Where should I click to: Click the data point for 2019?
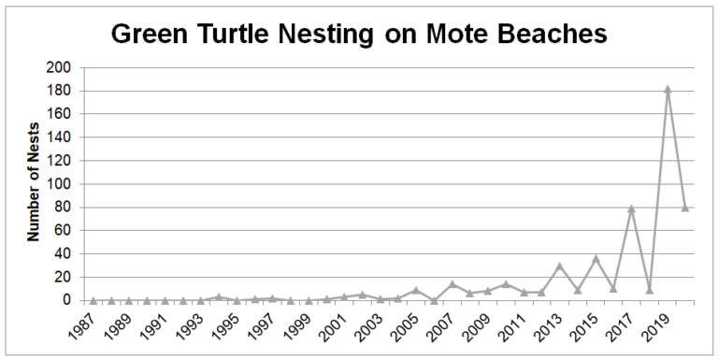tap(667, 90)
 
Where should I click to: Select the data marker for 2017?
tap(631, 209)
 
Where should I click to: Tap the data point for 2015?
tap(596, 258)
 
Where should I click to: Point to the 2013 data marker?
tap(559, 266)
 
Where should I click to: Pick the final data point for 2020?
tap(684, 208)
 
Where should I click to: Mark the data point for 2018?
tap(649, 289)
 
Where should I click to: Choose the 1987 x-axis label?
tap(83, 328)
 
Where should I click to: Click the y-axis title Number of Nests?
tap(34, 183)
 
